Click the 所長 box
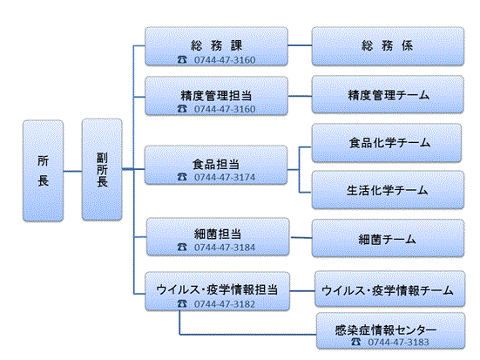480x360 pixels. pos(44,170)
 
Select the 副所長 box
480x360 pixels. pos(101,170)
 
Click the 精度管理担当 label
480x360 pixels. pos(215,94)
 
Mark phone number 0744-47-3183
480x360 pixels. pos(398,343)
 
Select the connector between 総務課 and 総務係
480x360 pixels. pos(299,44)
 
